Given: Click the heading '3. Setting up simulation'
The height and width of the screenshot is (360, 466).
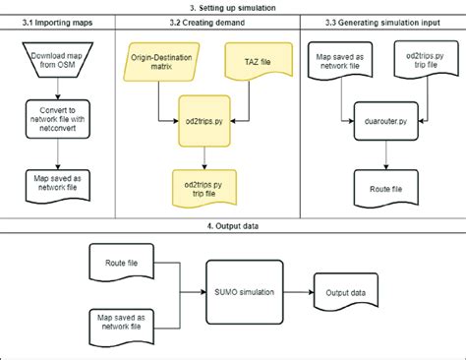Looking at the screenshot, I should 234,7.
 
